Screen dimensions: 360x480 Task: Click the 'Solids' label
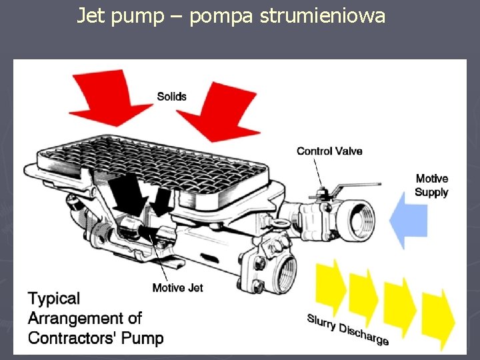(x=171, y=97)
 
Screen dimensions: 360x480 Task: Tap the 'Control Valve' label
(x=329, y=151)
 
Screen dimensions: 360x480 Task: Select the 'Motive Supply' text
(x=431, y=185)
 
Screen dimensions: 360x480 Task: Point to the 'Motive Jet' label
(x=177, y=288)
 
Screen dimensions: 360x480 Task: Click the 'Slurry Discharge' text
(x=348, y=329)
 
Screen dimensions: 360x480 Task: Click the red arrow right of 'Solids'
(x=213, y=110)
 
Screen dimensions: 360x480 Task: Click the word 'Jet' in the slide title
(x=91, y=15)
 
